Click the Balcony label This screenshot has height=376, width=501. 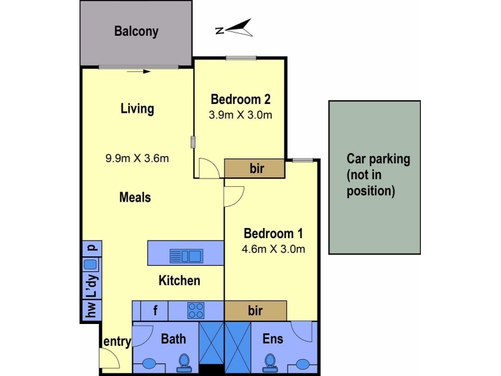[x=137, y=31]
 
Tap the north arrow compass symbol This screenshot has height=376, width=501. [x=234, y=28]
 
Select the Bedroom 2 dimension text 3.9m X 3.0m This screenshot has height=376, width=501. [x=240, y=115]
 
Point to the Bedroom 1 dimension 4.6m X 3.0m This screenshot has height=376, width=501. [x=274, y=249]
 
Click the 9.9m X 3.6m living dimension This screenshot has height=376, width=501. [x=137, y=159]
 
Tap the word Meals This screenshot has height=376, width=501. [x=135, y=197]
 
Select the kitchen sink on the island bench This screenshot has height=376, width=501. [x=186, y=256]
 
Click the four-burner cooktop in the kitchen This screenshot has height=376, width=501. [x=196, y=310]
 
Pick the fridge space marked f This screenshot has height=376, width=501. [x=155, y=310]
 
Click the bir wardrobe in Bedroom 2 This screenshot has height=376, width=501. [x=255, y=168]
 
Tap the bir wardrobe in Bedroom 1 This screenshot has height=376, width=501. [x=256, y=310]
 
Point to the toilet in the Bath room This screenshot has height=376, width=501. [x=184, y=363]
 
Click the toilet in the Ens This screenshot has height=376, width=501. [x=270, y=363]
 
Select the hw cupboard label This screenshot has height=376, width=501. [x=91, y=310]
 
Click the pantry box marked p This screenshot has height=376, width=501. [x=92, y=248]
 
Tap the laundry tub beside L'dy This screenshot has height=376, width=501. [x=90, y=264]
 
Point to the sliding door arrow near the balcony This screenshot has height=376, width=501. [x=138, y=71]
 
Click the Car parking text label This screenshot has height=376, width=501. [x=378, y=175]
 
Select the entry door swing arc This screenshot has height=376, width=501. [x=113, y=354]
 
